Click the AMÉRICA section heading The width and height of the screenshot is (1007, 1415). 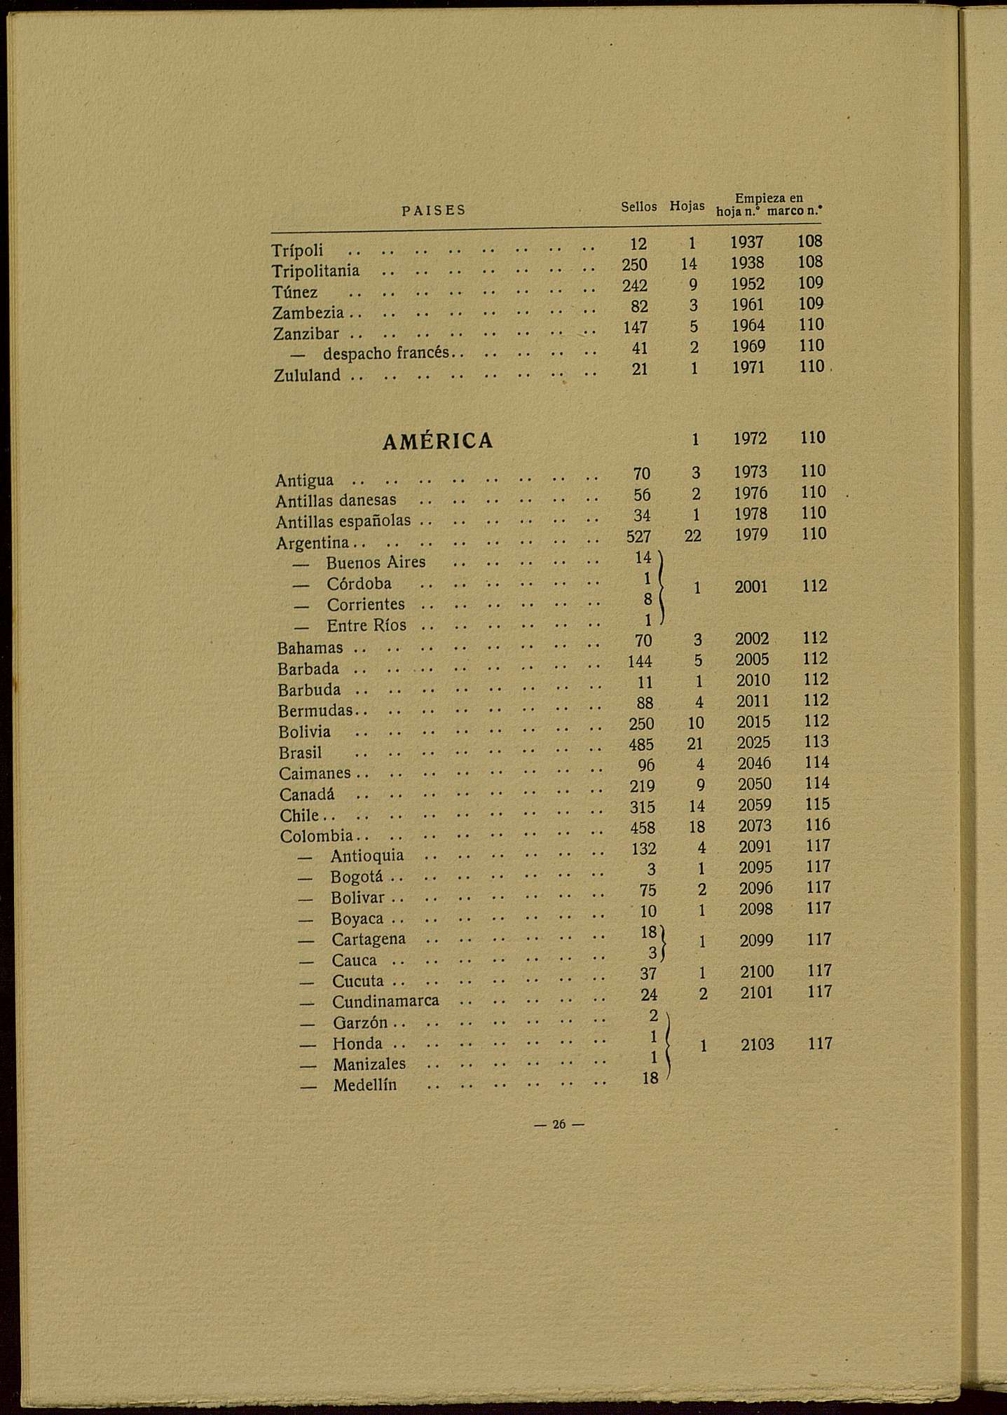click(438, 441)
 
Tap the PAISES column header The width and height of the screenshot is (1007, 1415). click(434, 210)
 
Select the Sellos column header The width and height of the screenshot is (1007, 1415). click(638, 207)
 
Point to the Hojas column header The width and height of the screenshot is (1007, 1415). click(687, 206)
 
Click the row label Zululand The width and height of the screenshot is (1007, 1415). click(307, 376)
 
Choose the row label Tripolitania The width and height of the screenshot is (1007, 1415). click(315, 271)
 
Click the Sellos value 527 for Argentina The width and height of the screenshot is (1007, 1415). click(638, 537)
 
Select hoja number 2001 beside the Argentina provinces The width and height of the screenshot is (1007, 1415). click(751, 587)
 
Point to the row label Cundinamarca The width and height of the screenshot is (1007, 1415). click(385, 1001)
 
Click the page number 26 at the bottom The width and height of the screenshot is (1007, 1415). click(559, 1124)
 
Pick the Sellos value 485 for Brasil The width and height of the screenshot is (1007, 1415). click(641, 744)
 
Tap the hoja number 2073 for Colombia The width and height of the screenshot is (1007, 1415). click(755, 826)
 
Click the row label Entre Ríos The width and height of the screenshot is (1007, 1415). click(366, 625)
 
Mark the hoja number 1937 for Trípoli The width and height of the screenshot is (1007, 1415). click(747, 242)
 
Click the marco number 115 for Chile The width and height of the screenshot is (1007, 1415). click(817, 805)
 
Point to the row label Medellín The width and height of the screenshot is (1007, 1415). click(364, 1086)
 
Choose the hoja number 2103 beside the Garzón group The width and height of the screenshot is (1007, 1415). click(758, 1045)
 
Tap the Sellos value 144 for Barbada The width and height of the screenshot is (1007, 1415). click(640, 662)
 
